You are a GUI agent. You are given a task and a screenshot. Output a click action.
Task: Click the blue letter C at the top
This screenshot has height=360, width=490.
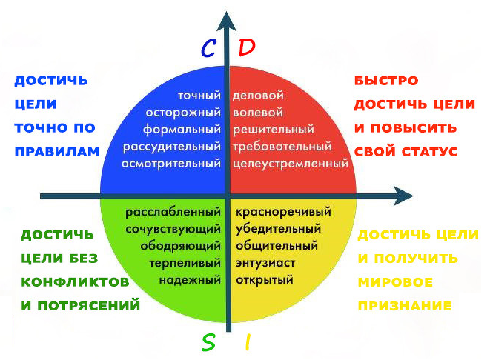(209, 49)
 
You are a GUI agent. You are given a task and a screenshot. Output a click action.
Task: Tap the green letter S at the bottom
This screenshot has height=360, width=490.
(210, 341)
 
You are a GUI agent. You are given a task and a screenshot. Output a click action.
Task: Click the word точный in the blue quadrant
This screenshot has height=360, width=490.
(199, 96)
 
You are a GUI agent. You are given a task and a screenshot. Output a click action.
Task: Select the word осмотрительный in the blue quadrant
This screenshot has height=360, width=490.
(171, 162)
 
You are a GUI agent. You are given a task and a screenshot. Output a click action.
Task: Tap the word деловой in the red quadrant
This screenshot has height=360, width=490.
(258, 96)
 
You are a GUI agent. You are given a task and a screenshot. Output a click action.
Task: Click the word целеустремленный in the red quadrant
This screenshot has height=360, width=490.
(291, 162)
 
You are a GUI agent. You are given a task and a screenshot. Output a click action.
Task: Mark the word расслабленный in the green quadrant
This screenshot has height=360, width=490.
(173, 213)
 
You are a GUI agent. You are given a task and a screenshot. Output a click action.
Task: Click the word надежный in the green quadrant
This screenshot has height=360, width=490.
(191, 280)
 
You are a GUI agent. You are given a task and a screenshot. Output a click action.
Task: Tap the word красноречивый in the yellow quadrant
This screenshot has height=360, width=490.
(283, 213)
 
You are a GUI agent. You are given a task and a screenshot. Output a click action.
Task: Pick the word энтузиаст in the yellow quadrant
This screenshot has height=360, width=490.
(266, 263)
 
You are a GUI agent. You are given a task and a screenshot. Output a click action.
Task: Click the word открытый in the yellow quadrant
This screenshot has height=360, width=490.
(265, 280)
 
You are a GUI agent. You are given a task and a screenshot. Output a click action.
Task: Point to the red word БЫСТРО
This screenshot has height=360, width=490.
(386, 80)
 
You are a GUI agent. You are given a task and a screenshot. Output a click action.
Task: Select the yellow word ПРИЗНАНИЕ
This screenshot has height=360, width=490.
(405, 304)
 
